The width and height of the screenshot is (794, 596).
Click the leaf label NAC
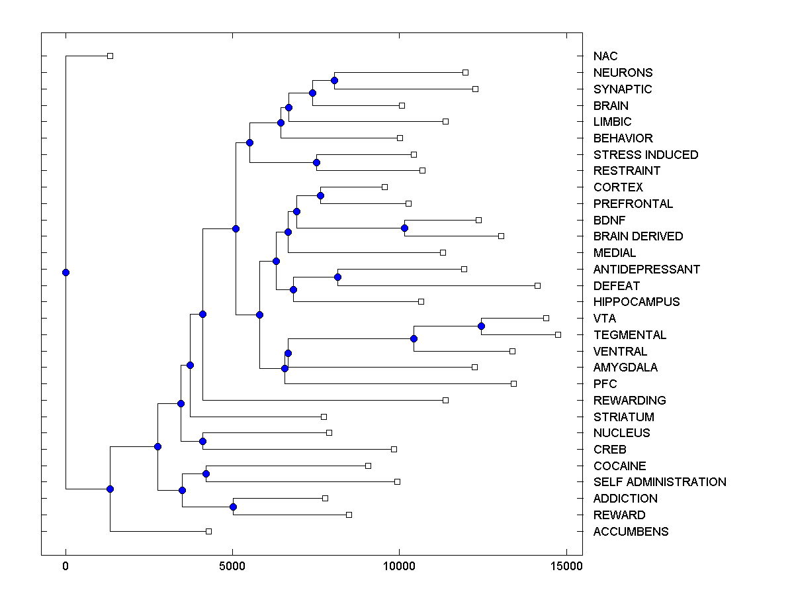[x=605, y=56]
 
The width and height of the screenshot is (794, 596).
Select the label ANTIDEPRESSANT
[x=646, y=270]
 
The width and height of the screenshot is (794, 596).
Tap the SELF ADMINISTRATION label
[x=660, y=482]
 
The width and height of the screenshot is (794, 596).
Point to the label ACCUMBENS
[x=631, y=532]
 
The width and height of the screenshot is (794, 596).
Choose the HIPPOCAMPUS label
[x=637, y=302]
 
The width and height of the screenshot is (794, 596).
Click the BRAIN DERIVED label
[x=638, y=236]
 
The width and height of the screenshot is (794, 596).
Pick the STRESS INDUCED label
[x=646, y=155]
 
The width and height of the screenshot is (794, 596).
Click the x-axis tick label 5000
[x=232, y=566]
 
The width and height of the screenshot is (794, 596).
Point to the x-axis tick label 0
[x=66, y=566]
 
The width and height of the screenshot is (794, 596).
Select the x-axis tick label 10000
[x=399, y=566]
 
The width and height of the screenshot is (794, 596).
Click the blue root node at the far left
[x=66, y=272]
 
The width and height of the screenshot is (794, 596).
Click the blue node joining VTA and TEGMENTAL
[x=481, y=326]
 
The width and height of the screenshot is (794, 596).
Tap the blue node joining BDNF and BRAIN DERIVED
[x=404, y=228]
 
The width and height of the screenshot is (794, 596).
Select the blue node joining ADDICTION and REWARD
[x=233, y=507]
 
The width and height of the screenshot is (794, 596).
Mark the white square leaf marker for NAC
[x=110, y=56]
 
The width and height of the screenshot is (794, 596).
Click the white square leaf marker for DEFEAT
[x=537, y=285]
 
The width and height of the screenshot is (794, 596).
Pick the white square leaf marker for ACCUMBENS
[x=208, y=531]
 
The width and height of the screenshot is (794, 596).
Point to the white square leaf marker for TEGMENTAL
[x=558, y=334]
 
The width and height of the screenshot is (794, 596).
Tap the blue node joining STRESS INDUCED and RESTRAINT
[x=316, y=162]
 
